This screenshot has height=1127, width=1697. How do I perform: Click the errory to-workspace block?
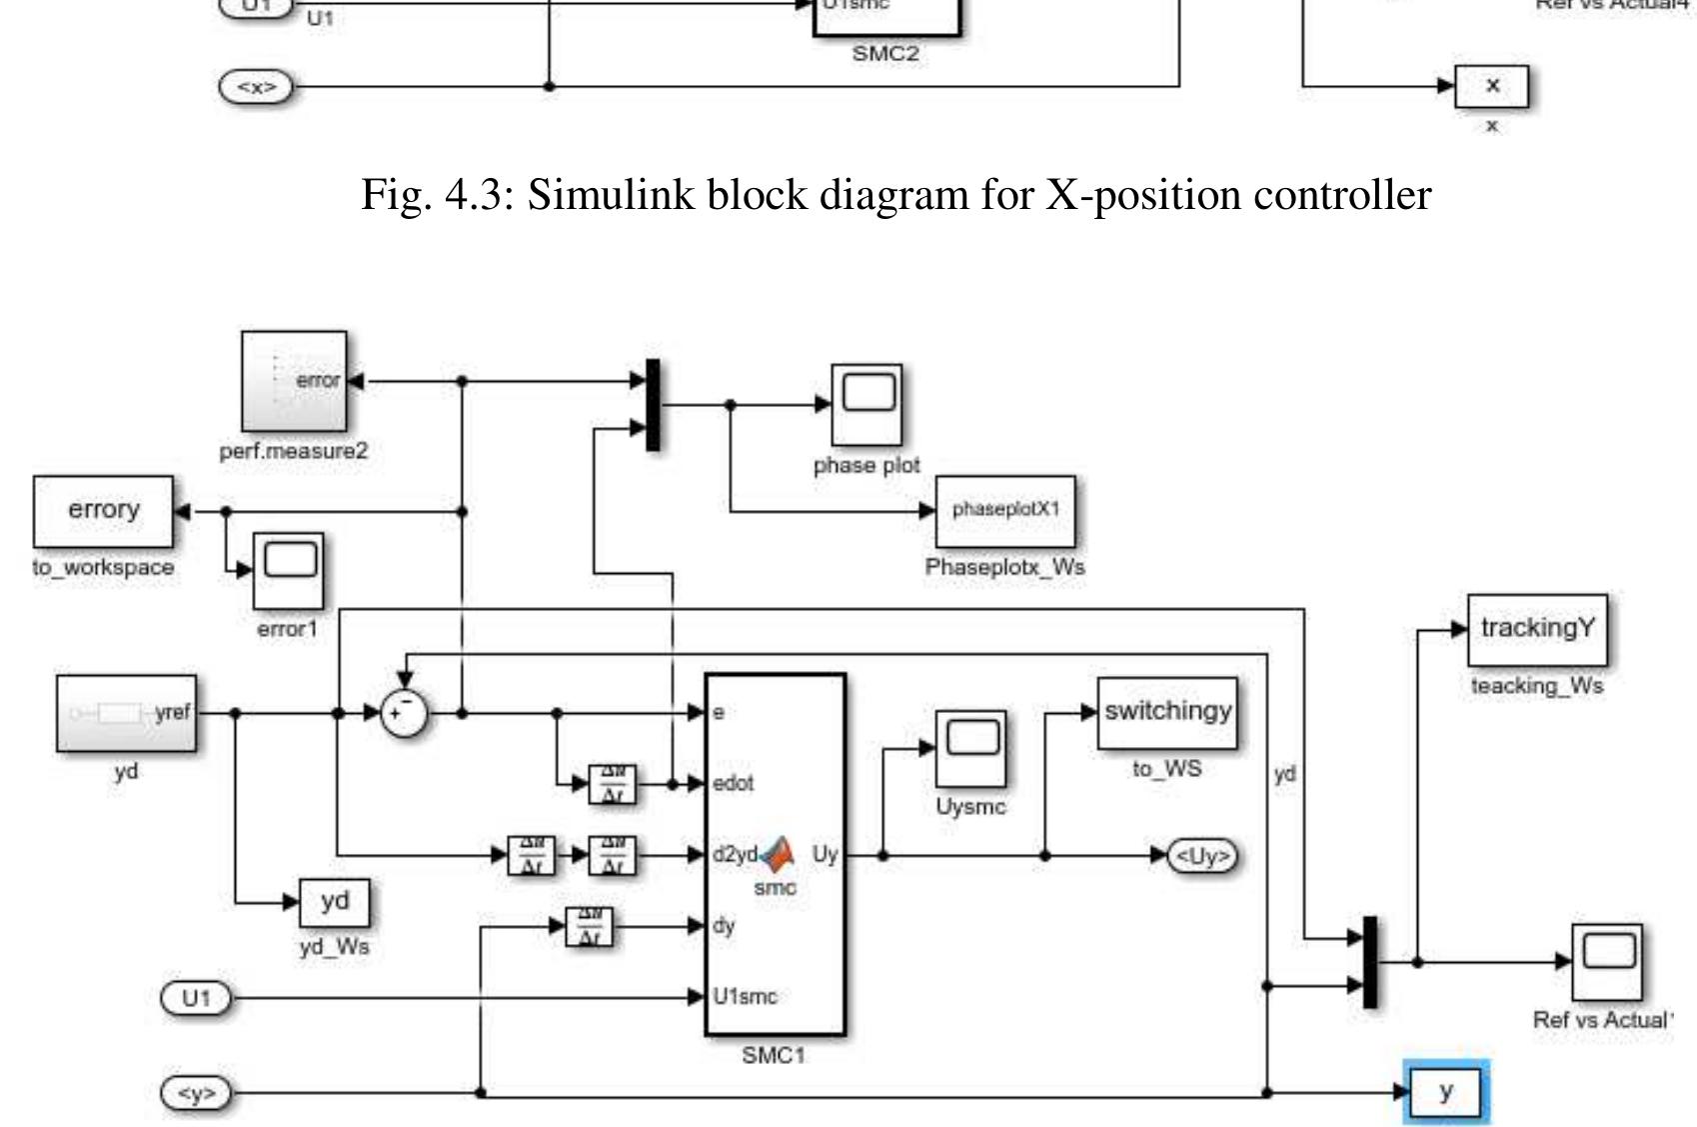[103, 511]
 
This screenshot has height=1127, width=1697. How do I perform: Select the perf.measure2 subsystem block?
[294, 381]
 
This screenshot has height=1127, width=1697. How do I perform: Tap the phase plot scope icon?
[867, 404]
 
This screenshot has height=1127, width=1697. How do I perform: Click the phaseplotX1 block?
[1005, 510]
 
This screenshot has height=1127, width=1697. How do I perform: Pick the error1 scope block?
[289, 570]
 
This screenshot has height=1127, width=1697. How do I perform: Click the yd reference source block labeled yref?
[126, 713]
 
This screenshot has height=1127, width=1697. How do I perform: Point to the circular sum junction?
[405, 714]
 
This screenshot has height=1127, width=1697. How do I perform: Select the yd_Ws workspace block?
[335, 902]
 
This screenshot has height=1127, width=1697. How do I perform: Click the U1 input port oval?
[196, 998]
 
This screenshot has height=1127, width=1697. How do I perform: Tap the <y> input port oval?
[196, 1093]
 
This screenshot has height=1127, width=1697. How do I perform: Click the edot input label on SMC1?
[734, 784]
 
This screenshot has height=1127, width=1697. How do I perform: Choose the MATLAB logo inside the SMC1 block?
[778, 853]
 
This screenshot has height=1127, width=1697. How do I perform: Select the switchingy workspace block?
[1167, 712]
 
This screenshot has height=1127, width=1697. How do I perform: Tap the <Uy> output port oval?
[1203, 856]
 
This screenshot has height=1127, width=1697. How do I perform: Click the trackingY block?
[1537, 629]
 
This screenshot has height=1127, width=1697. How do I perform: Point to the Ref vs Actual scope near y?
[1607, 961]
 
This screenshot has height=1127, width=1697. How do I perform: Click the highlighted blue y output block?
[1446, 1092]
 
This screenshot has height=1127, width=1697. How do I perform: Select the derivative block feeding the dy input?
[590, 927]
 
